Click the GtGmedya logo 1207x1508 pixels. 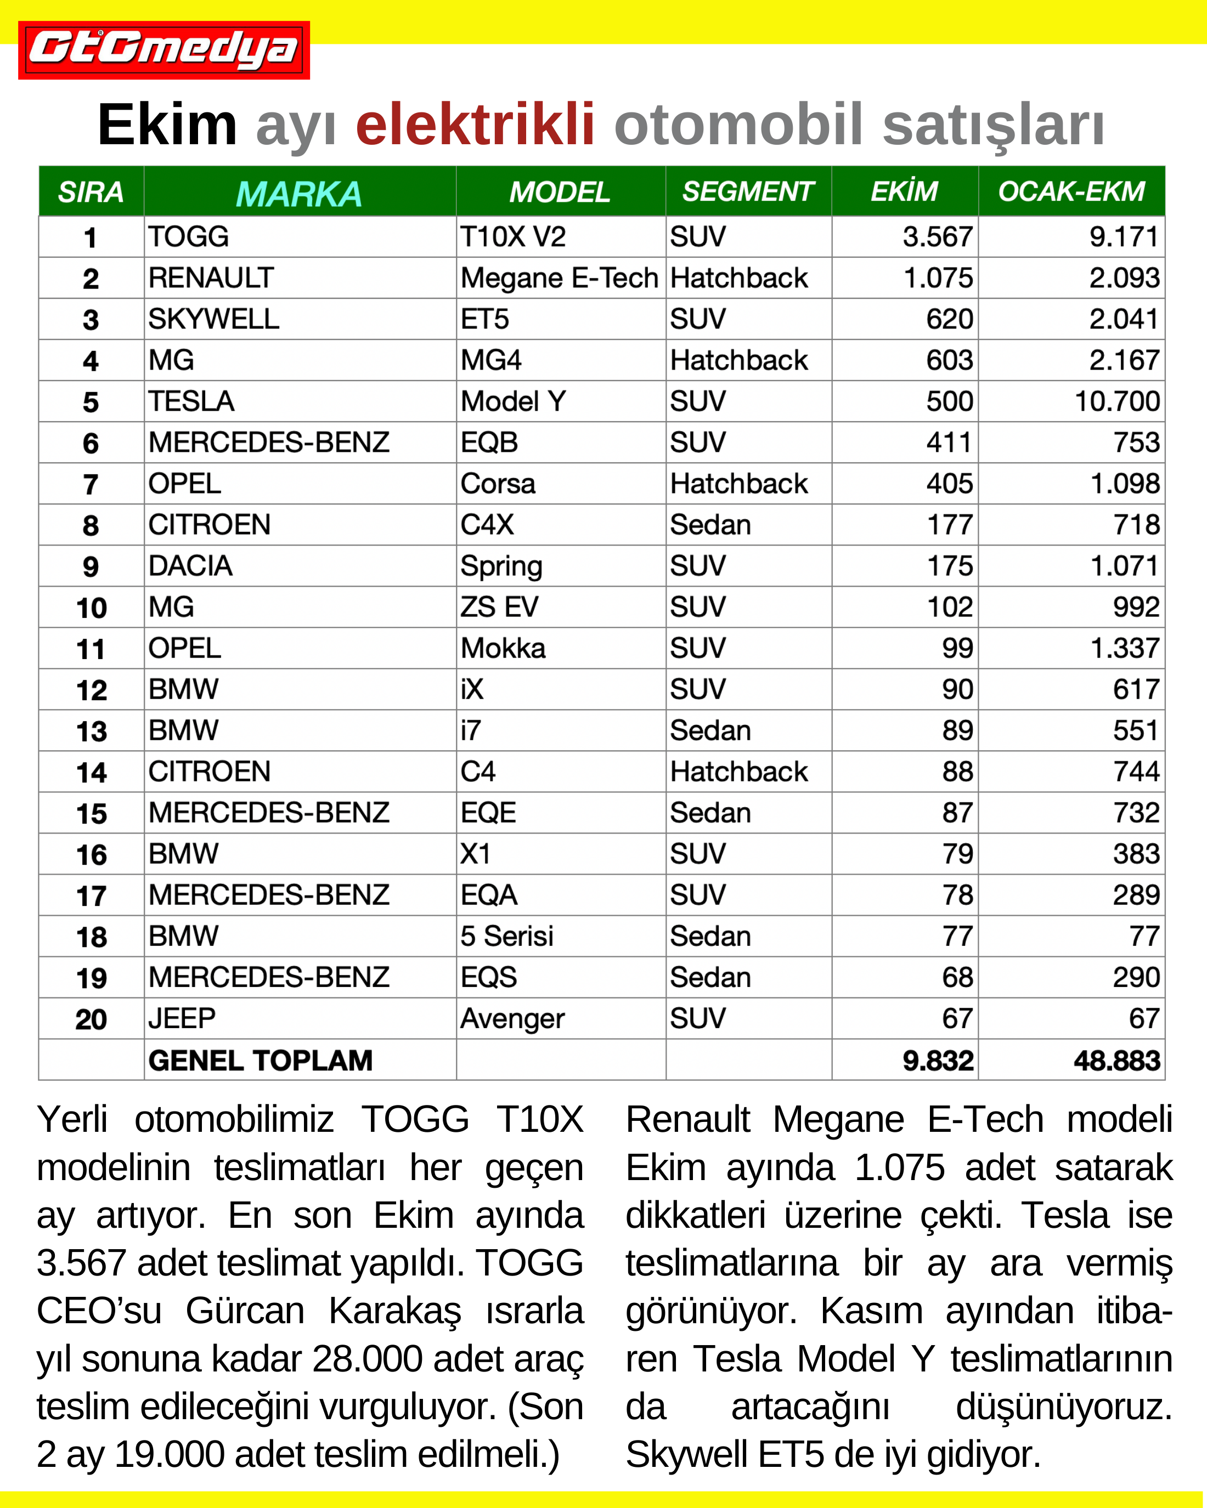(x=163, y=50)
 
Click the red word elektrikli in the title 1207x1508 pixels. (x=475, y=125)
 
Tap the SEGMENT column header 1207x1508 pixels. (x=747, y=191)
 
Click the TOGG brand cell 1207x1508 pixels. (x=189, y=237)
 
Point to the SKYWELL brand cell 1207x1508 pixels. (x=213, y=320)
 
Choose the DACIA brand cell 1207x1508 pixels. (x=190, y=566)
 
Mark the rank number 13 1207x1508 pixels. (x=92, y=732)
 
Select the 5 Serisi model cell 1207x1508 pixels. (x=506, y=937)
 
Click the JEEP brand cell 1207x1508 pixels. (x=182, y=1019)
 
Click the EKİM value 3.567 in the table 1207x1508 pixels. (x=938, y=237)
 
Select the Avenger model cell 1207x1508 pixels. (x=512, y=1019)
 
